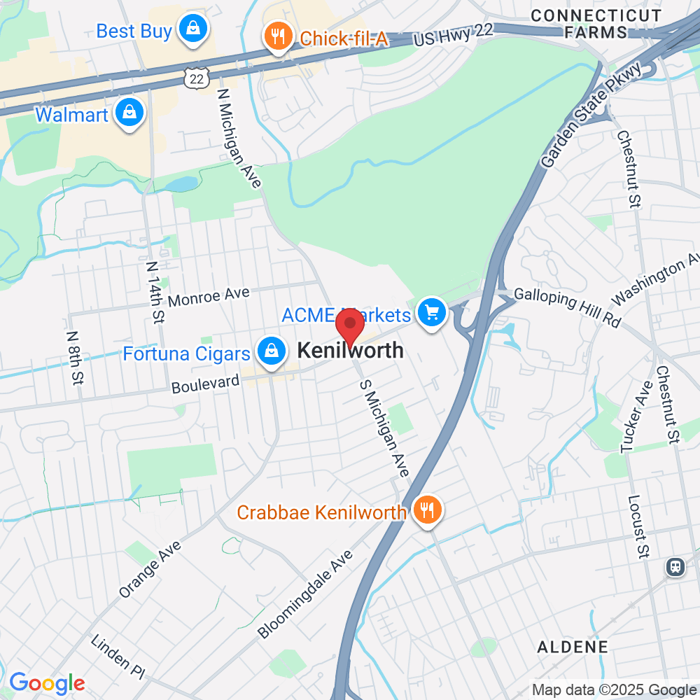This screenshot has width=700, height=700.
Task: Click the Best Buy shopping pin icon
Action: coord(190,29)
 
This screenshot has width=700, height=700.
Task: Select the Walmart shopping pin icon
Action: coord(130,113)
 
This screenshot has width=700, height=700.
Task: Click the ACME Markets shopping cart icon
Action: coord(432,312)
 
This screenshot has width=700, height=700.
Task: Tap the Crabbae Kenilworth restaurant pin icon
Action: coord(426,510)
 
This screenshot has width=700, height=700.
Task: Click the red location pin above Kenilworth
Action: coord(350,327)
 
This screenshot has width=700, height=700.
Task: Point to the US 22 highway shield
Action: coord(197,80)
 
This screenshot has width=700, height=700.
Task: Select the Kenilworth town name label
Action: coord(351,350)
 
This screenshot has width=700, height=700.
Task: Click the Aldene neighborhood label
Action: coord(573,647)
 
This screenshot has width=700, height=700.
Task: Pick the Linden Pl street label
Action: coord(118,657)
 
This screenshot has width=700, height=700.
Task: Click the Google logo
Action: coord(47,683)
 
